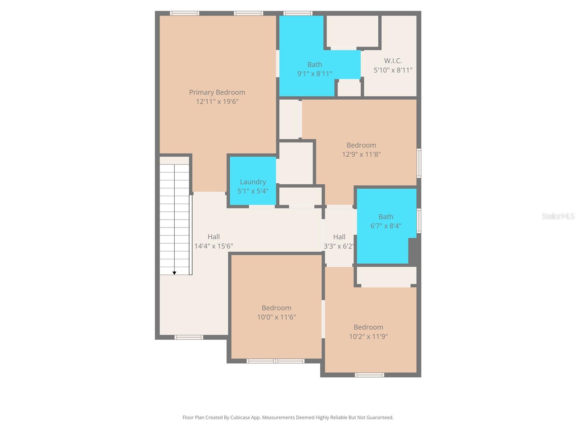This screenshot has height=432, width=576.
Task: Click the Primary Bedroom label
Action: (x=217, y=92)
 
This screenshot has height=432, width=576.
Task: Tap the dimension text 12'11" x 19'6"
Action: (x=217, y=102)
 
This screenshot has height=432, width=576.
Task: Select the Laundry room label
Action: (x=253, y=182)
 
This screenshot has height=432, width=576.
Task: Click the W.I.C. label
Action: (x=393, y=61)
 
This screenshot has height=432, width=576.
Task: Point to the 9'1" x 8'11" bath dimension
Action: (x=314, y=74)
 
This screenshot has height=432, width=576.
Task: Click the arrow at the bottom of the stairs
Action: (x=174, y=273)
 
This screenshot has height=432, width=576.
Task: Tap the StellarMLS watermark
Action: (x=558, y=216)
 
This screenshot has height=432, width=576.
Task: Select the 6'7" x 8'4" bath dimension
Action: (x=386, y=226)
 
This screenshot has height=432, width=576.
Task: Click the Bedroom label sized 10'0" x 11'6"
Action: (x=276, y=308)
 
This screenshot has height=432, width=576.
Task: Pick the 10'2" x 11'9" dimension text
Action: (x=368, y=337)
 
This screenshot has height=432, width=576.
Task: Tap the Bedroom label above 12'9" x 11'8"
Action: (x=361, y=145)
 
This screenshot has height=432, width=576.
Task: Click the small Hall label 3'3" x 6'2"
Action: (x=339, y=237)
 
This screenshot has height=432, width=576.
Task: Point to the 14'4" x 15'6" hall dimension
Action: (x=213, y=246)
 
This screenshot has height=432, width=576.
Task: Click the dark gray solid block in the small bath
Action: (x=414, y=251)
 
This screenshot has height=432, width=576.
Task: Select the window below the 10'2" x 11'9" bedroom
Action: (x=369, y=375)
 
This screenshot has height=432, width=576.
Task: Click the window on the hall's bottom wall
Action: (x=189, y=337)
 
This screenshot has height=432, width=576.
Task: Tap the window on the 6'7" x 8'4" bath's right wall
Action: (x=419, y=221)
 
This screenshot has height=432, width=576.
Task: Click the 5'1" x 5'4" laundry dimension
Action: (x=253, y=191)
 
